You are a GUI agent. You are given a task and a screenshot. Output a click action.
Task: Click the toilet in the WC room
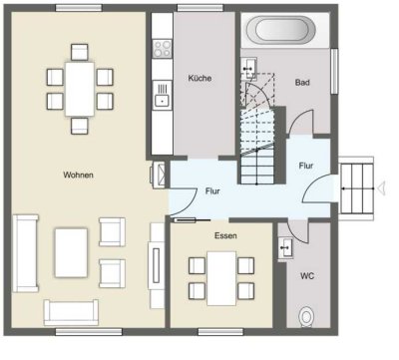pyautogui.click(x=307, y=316)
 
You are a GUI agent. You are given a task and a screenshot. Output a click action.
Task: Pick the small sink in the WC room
pyautogui.click(x=285, y=244)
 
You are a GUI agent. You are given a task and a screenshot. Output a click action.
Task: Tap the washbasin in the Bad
pyautogui.click(x=249, y=68)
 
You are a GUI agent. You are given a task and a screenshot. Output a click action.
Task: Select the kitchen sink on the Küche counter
pyautogui.click(x=160, y=97)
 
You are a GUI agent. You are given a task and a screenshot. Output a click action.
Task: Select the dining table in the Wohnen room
pyautogui.click(x=76, y=85)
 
